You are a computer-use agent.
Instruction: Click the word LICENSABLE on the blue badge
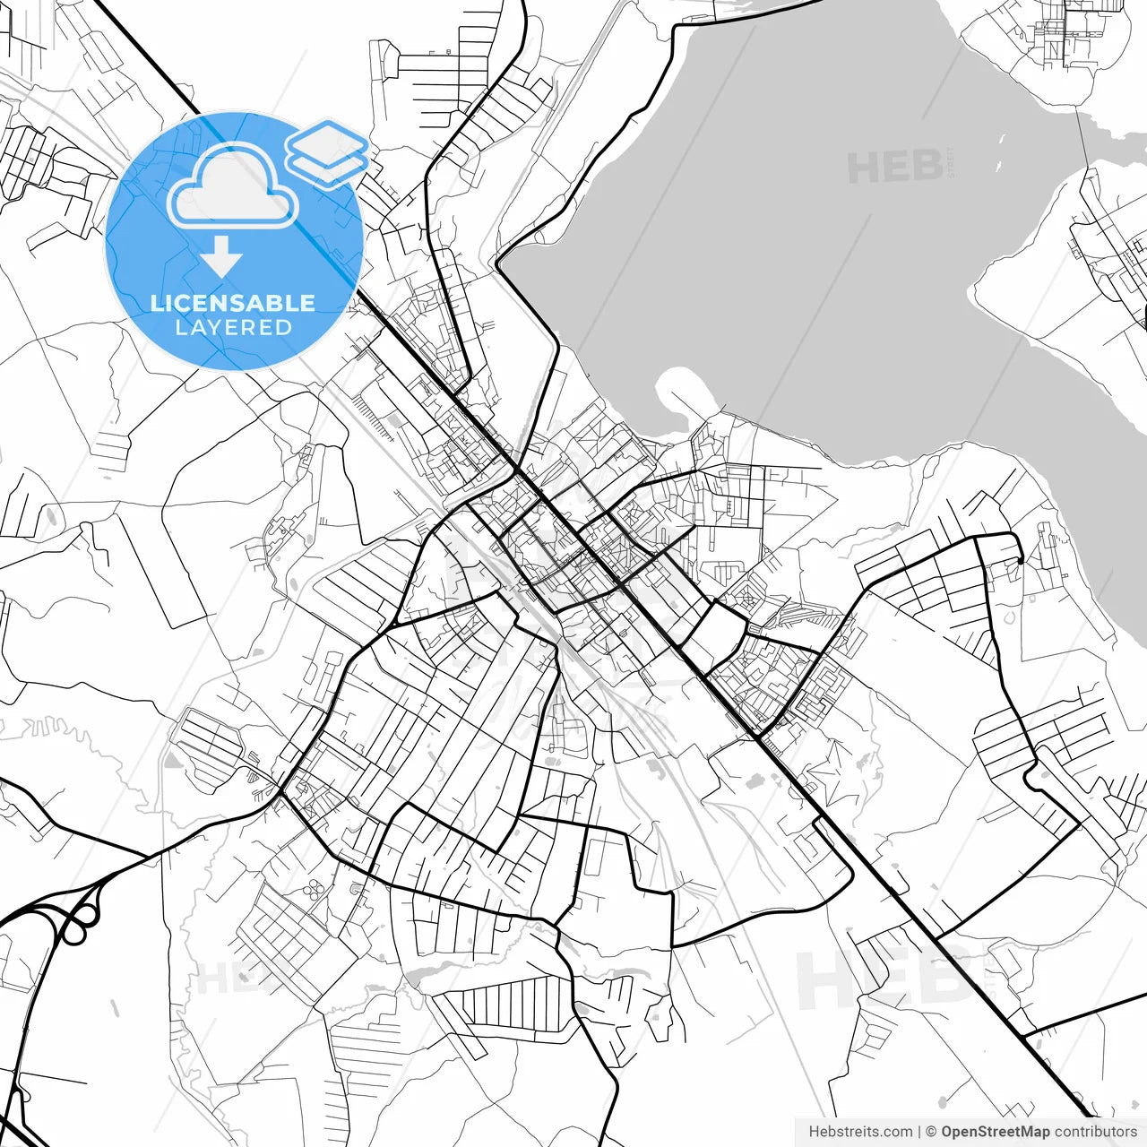233,303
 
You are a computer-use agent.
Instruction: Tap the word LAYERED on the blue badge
233,327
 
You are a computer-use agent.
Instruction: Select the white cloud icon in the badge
234,185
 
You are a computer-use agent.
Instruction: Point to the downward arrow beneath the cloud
220,258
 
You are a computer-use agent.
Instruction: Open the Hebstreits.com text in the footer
860,1132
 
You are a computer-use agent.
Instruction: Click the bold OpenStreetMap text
995,1132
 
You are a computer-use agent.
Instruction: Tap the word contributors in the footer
1095,1132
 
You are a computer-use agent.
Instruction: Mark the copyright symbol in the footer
931,1132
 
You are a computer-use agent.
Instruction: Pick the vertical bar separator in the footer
919,1132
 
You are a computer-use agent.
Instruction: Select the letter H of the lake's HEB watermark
862,168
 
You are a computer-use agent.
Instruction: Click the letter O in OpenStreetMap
948,1132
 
